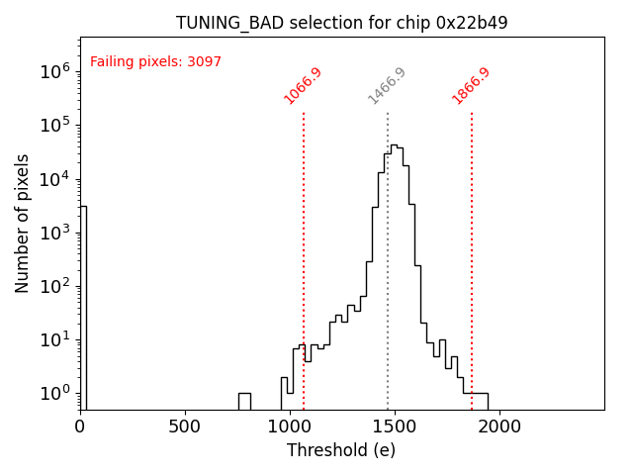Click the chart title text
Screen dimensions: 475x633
point(341,23)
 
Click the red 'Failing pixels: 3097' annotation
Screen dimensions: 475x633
point(155,62)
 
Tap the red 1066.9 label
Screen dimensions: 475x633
point(303,86)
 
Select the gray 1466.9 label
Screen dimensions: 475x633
point(387,86)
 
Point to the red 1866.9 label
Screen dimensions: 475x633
point(471,86)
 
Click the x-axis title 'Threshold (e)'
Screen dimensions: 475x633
point(341,450)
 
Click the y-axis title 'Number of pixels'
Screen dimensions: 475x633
point(23,223)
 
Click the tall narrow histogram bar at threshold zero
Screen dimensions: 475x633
point(83,307)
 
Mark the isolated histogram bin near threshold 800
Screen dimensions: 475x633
point(244,401)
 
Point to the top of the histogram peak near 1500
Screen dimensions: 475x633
point(394,145)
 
